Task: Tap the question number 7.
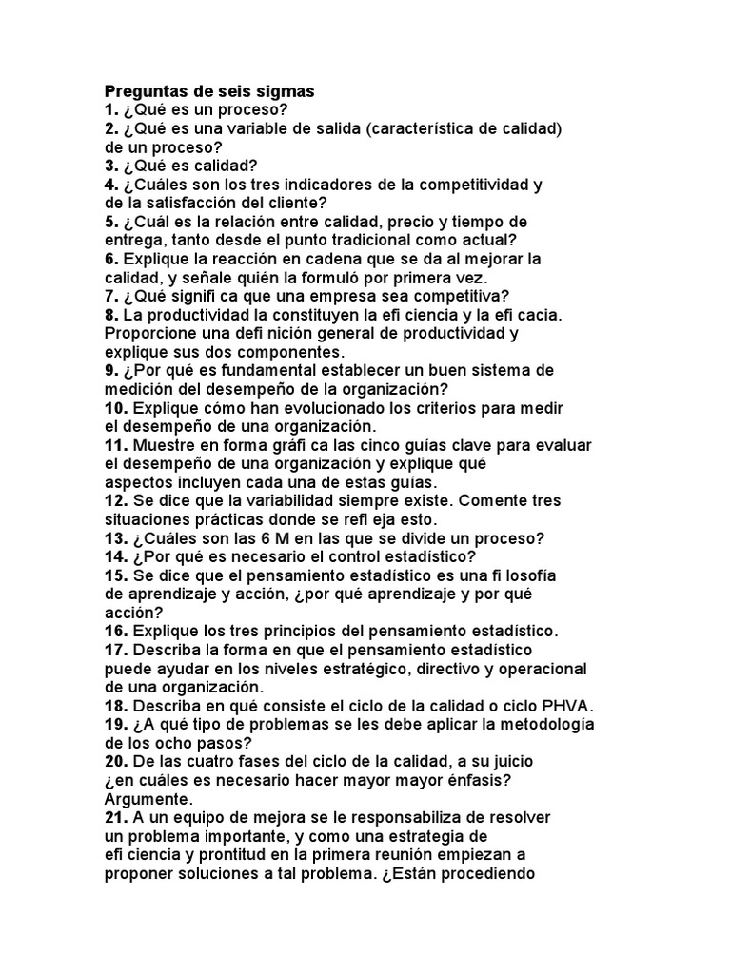(x=109, y=296)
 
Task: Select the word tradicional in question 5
(x=341, y=240)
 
